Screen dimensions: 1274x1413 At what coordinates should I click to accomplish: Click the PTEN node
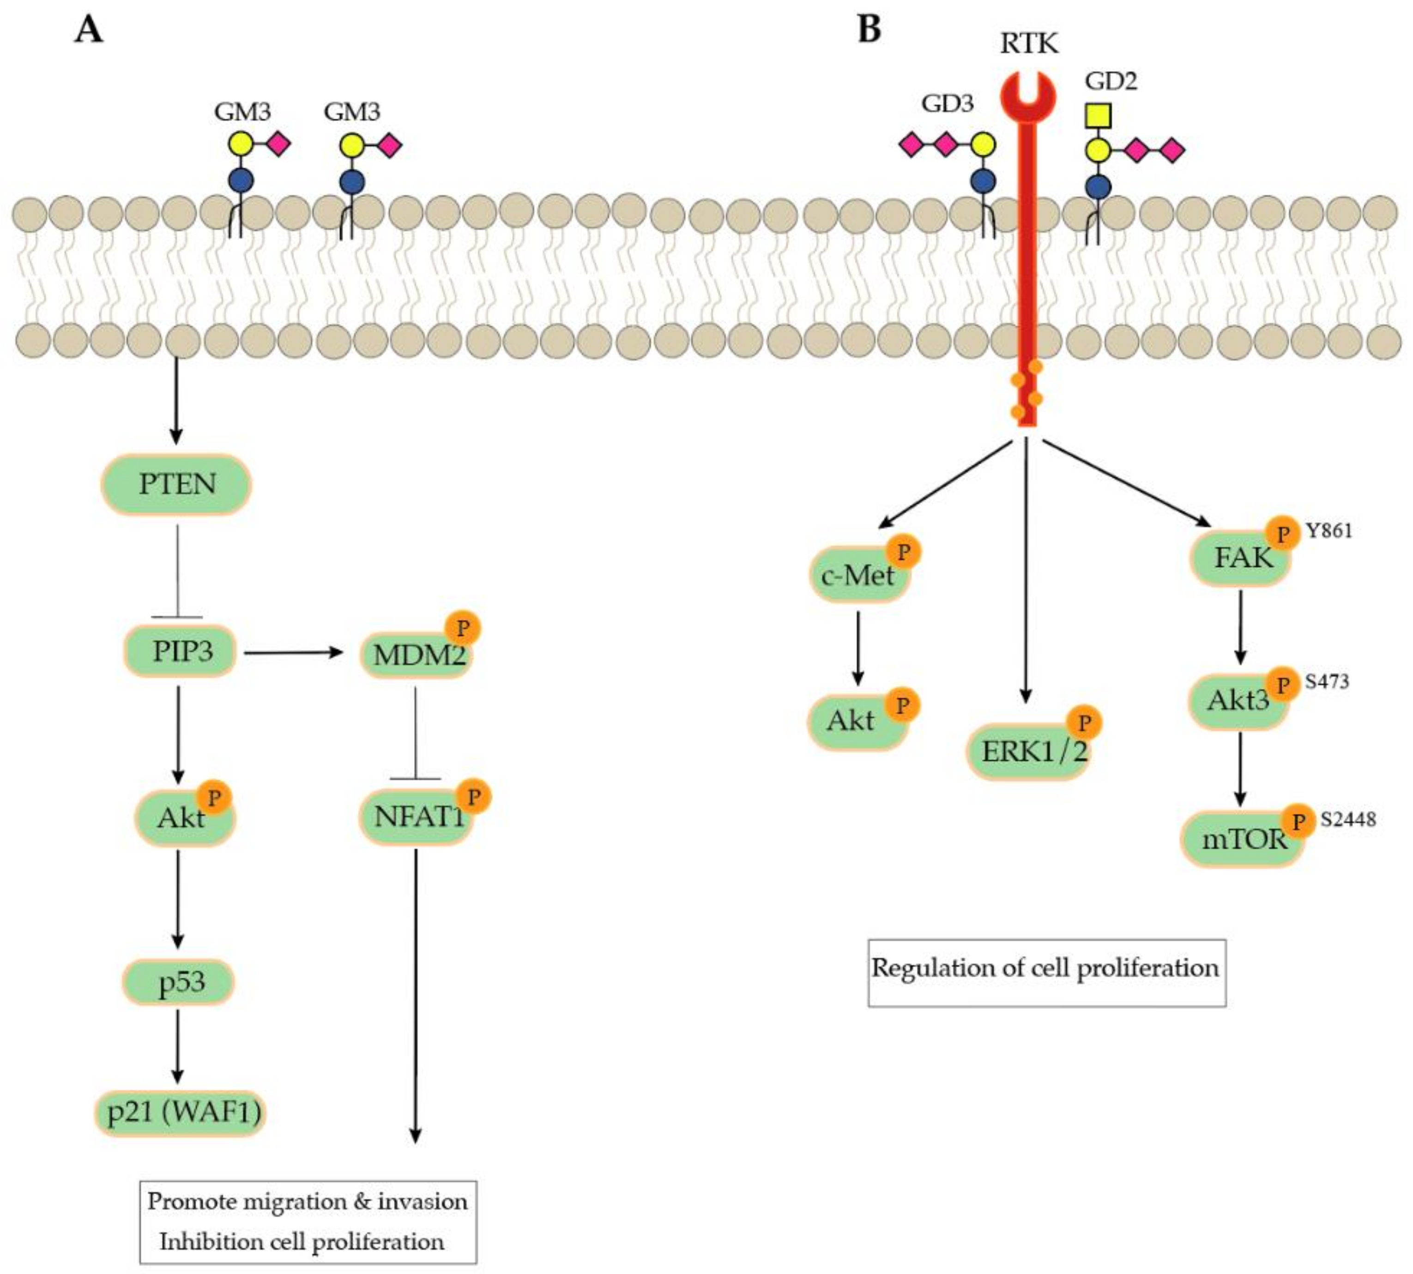(x=176, y=484)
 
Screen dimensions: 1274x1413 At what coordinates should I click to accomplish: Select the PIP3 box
(x=181, y=652)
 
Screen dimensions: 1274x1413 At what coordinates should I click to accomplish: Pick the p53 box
(x=179, y=982)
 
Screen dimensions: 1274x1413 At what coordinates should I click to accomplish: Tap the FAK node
(x=1239, y=559)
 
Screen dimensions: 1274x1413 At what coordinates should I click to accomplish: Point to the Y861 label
(x=1328, y=530)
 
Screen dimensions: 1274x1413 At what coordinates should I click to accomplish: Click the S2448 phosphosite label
(x=1348, y=819)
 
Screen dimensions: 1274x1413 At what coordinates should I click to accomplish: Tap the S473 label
(x=1326, y=681)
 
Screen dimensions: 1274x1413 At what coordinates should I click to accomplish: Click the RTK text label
(x=1028, y=43)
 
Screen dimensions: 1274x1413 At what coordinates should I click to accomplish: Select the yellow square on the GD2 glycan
(x=1097, y=115)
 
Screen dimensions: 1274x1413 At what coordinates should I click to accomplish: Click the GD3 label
(x=947, y=103)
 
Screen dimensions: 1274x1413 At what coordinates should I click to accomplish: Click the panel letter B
(x=869, y=30)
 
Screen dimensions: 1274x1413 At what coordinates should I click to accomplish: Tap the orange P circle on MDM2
(x=462, y=628)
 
